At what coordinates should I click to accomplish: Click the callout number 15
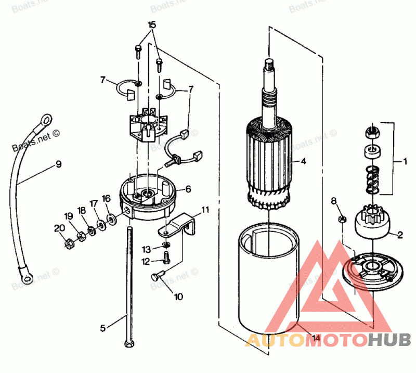click(x=151, y=25)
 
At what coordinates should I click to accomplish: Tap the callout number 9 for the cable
click(x=58, y=164)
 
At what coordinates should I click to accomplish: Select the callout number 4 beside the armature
click(x=303, y=161)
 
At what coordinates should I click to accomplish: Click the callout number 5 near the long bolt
click(x=102, y=328)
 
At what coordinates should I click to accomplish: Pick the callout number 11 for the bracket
click(x=205, y=210)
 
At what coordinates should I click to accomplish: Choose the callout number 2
click(x=400, y=235)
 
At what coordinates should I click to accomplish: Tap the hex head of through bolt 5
click(x=127, y=344)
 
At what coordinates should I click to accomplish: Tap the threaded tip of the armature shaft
click(x=269, y=65)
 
